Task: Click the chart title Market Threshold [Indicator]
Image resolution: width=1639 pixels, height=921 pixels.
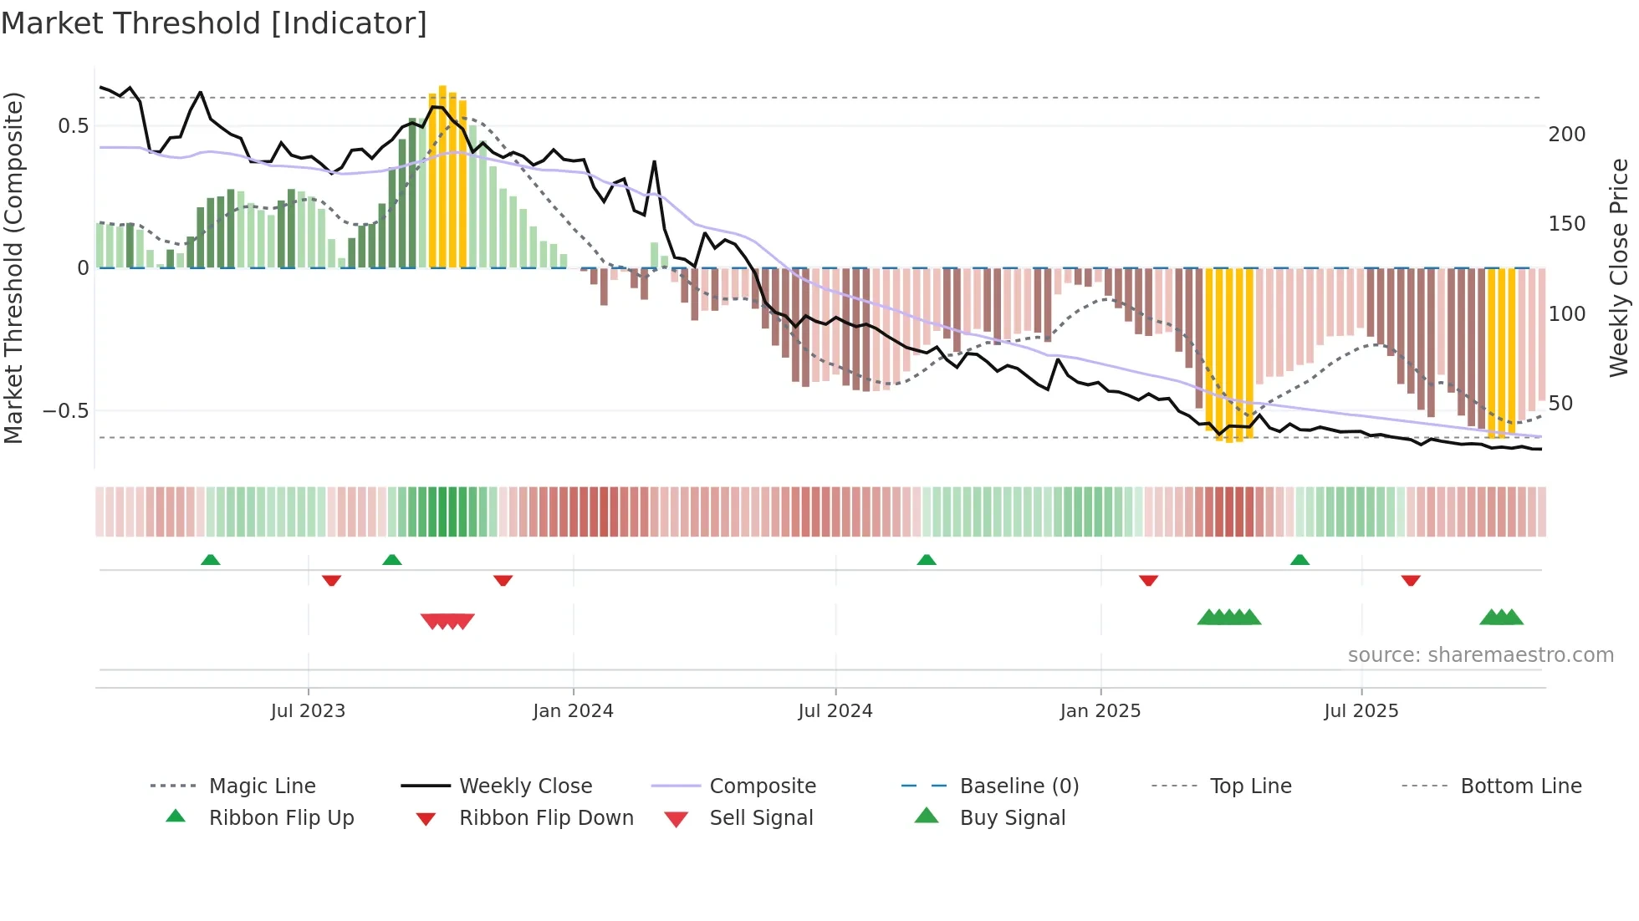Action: tap(214, 23)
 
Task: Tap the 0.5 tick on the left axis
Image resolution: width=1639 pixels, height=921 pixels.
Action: tap(73, 126)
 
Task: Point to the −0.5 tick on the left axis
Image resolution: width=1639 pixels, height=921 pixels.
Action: tap(66, 411)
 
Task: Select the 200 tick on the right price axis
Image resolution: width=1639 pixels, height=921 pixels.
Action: tap(1566, 135)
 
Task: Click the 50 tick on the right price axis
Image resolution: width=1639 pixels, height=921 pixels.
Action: tap(1560, 404)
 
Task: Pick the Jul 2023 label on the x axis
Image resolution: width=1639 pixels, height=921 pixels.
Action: tap(308, 711)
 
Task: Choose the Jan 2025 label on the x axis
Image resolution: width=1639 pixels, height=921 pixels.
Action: tap(1100, 711)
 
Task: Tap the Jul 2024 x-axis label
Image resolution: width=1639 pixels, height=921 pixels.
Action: tap(835, 711)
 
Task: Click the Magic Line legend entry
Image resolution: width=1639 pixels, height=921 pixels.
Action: tap(262, 786)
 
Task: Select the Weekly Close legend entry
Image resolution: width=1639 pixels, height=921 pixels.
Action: tap(525, 786)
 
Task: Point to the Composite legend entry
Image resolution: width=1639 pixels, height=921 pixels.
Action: tap(762, 786)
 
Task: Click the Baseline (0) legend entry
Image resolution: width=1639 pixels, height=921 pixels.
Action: tap(1019, 786)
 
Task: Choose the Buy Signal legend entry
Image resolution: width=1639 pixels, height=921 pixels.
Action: tap(1012, 818)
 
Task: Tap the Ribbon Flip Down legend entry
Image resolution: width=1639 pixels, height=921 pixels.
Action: tap(546, 818)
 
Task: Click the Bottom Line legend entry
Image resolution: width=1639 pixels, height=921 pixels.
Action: tap(1520, 786)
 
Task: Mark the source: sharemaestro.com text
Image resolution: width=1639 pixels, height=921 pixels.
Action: tap(1480, 655)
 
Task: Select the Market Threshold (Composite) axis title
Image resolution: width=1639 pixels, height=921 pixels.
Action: tap(13, 267)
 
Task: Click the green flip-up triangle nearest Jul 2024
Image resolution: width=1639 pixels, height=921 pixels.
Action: tap(926, 560)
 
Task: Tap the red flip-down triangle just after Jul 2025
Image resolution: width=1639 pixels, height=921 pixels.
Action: tap(1411, 580)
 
